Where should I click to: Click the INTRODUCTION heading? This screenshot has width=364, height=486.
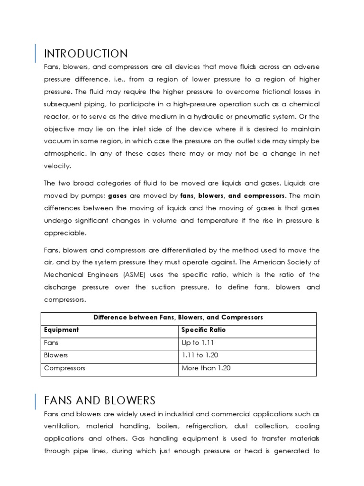86,53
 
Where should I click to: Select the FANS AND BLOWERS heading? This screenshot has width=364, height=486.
100,400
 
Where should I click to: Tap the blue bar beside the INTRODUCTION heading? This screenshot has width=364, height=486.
36,53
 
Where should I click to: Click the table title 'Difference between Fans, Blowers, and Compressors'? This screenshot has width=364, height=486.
178,317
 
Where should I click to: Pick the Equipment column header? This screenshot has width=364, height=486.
61,330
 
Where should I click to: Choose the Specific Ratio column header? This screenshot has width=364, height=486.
203,330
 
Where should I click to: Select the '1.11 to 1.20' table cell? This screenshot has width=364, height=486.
200,355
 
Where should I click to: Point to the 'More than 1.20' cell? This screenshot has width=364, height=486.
206,368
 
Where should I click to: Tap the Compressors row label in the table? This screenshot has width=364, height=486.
64,368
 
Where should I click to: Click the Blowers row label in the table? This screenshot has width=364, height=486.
56,355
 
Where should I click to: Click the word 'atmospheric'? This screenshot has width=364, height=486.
64,154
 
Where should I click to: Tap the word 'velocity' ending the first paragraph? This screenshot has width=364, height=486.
58,166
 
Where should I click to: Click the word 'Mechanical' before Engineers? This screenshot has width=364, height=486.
62,275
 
